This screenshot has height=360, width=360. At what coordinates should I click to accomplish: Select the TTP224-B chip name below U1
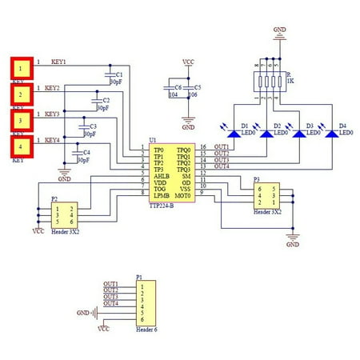click(x=162, y=206)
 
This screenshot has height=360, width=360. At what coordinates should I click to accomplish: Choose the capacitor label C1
click(x=119, y=74)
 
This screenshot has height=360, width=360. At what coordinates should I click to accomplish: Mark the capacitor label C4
click(x=86, y=152)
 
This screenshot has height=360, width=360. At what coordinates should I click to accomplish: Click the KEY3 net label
click(x=52, y=114)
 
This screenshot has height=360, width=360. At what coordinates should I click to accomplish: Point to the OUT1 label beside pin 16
click(x=222, y=147)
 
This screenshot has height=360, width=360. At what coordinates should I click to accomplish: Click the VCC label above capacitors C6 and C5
click(x=188, y=62)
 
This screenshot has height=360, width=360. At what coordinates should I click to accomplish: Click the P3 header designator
click(x=256, y=181)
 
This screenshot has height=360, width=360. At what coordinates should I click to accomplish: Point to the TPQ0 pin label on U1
click(x=183, y=149)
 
